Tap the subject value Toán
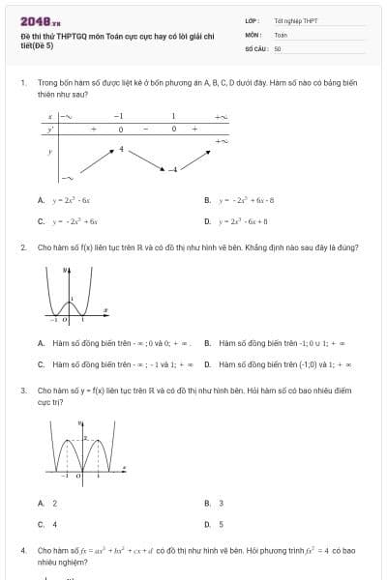(281, 34)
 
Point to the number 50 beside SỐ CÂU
(278, 47)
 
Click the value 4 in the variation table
(122, 149)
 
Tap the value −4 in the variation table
(174, 170)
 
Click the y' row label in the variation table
(50, 129)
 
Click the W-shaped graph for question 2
(69, 291)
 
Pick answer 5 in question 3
(222, 523)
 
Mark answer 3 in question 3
(222, 503)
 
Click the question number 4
(23, 550)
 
